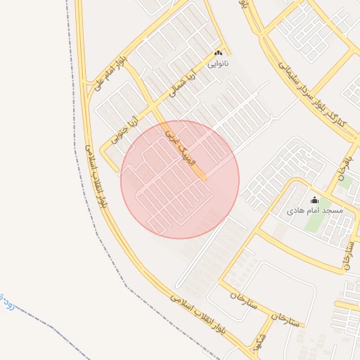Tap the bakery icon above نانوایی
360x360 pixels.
[x=218, y=53]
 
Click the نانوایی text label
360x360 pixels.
[x=218, y=63]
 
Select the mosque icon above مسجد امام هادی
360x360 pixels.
[x=314, y=200]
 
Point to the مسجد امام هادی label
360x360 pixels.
[x=314, y=211]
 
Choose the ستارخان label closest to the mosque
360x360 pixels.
[x=346, y=253]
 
